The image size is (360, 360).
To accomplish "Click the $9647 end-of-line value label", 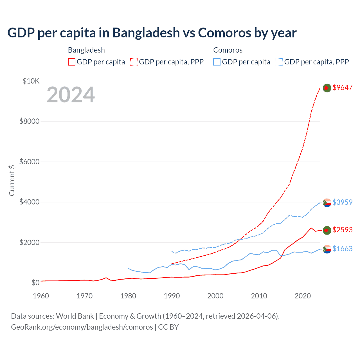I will pyautogui.click(x=342, y=87).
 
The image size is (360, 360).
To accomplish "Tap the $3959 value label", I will pyautogui.click(x=342, y=202).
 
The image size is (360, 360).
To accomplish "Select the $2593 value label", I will pyautogui.click(x=342, y=230).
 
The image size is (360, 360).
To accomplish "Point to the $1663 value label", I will pyautogui.click(x=342, y=249).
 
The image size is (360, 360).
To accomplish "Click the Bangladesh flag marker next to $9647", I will pyautogui.click(x=327, y=88).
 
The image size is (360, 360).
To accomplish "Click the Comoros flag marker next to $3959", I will pyautogui.click(x=327, y=202).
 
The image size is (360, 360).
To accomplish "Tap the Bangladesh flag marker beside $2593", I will pyautogui.click(x=327, y=230).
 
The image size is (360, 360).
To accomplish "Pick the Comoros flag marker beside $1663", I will pyautogui.click(x=327, y=249).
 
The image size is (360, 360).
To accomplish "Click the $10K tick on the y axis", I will pyautogui.click(x=31, y=81).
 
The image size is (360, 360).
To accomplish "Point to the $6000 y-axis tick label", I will pyautogui.click(x=29, y=162).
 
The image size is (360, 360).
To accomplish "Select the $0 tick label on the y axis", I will pyautogui.click(x=35, y=283).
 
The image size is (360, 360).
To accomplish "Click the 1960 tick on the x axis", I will pyautogui.click(x=41, y=296).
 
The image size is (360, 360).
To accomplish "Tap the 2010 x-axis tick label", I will pyautogui.click(x=259, y=296).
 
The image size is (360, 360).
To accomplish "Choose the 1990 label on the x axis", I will pyautogui.click(x=172, y=296).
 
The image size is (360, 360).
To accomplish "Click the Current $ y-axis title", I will pyautogui.click(x=12, y=180).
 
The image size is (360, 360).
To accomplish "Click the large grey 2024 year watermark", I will pyautogui.click(x=71, y=95).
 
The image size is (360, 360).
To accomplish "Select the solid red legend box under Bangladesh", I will pyautogui.click(x=72, y=62).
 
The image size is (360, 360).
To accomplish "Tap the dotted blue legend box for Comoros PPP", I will pyautogui.click(x=279, y=62).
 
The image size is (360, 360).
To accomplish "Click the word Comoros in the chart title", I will pyautogui.click(x=225, y=33).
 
